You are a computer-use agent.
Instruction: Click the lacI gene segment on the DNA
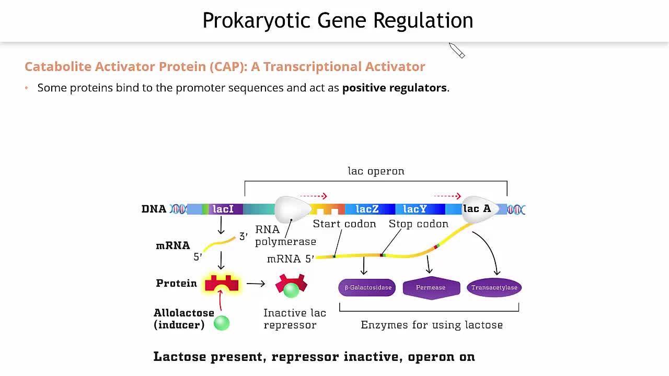click(x=223, y=209)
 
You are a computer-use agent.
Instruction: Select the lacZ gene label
click(x=367, y=209)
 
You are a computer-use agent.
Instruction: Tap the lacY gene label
click(x=415, y=209)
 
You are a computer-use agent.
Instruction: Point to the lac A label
click(x=477, y=209)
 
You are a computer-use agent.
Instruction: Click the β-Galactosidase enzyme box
click(x=367, y=288)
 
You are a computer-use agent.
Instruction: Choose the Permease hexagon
click(x=431, y=288)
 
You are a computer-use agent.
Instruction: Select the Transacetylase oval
click(x=494, y=288)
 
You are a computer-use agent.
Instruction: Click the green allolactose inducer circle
click(x=222, y=323)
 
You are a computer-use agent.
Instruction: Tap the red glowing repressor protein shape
click(x=222, y=284)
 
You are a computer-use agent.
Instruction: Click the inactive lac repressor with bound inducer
click(x=291, y=285)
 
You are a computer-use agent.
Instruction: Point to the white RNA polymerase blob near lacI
click(x=292, y=209)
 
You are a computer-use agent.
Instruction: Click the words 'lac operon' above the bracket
click(x=376, y=171)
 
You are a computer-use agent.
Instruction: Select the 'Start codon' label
click(x=344, y=224)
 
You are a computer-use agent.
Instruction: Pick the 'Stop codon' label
click(x=418, y=224)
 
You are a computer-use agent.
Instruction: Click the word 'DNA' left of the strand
click(x=154, y=209)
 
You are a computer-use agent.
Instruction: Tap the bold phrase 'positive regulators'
click(x=394, y=88)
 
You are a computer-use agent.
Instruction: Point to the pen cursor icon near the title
click(x=456, y=50)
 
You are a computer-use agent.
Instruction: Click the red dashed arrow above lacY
click(x=447, y=196)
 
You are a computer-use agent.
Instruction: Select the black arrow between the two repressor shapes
click(x=256, y=284)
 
